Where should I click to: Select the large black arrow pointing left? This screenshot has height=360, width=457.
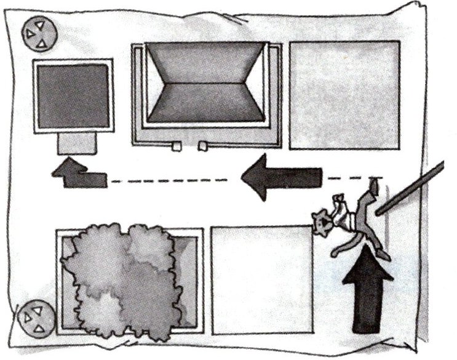[x=282, y=177]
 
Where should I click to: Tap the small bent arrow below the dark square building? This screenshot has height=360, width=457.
[x=79, y=174]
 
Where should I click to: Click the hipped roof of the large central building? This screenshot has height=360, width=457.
[x=206, y=84]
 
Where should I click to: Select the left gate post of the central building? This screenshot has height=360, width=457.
[x=176, y=147]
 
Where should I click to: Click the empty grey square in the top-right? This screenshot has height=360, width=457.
[x=344, y=95]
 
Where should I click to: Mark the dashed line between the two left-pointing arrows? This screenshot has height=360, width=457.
[x=172, y=181]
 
